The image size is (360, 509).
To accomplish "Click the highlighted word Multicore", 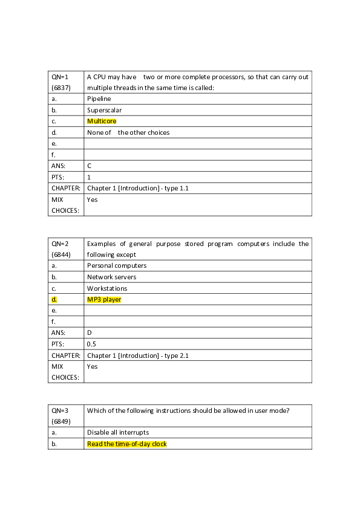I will (102, 121).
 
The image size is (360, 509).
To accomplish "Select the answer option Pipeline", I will (99, 99).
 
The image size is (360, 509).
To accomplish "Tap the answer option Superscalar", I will (104, 110).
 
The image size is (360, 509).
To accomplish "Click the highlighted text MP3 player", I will (104, 299).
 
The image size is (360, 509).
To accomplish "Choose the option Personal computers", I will (117, 265).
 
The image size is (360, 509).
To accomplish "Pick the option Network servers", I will (112, 277).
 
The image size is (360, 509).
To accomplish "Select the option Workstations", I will (107, 288).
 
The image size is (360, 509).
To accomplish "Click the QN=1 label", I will (61, 77).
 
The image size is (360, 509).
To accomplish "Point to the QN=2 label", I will (61, 244).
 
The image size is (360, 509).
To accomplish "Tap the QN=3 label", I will (61, 411).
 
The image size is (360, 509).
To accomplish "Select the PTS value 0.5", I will (91, 344).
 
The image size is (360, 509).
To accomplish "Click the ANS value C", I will (90, 165).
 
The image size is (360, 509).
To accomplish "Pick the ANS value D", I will (90, 332).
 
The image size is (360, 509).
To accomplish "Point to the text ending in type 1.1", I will (138, 188).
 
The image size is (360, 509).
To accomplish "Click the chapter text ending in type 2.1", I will (138, 355).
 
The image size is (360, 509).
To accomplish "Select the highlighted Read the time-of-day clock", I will (126, 444).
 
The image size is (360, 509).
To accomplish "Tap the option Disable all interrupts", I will (118, 432).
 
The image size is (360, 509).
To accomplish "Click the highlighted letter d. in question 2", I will (54, 299).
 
